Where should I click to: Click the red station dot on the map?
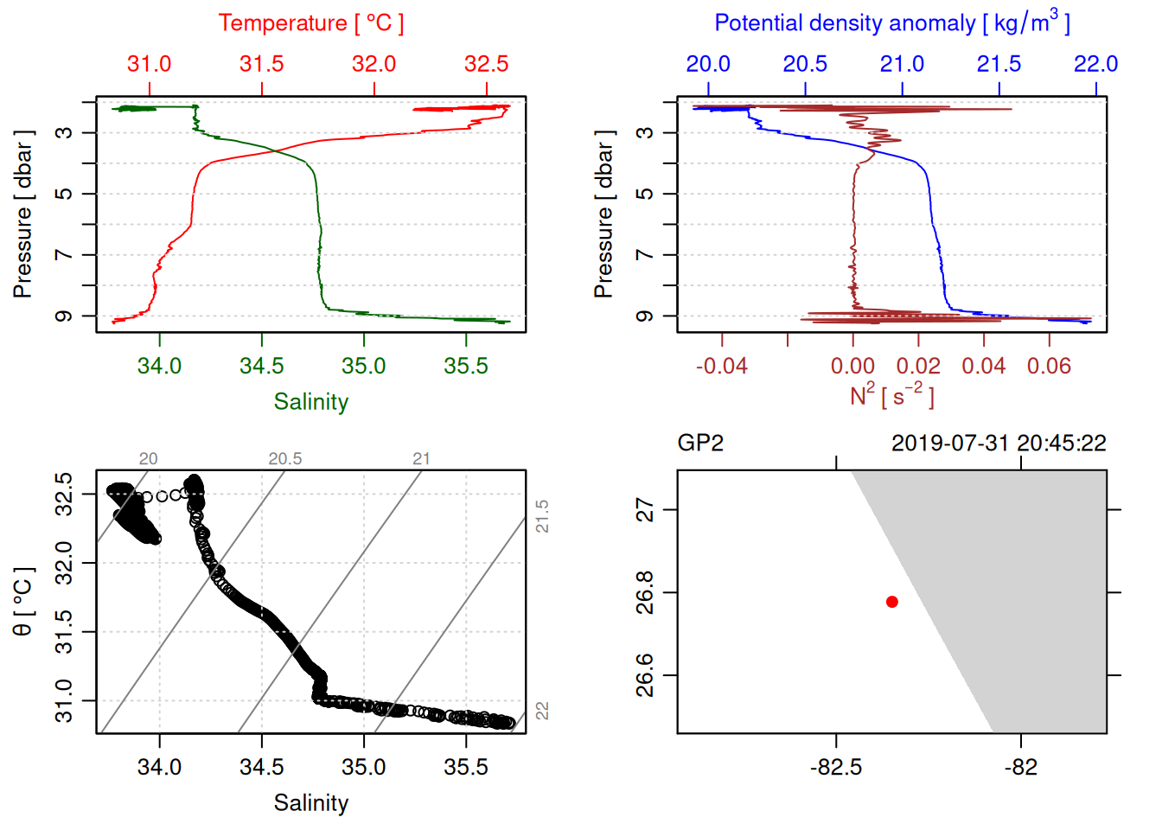(892, 602)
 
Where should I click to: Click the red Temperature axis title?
(310, 23)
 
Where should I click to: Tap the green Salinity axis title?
(311, 402)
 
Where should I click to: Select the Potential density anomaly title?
(891, 23)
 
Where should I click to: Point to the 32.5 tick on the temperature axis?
(487, 64)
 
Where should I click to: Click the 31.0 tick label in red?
(150, 64)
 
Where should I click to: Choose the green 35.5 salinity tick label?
(466, 366)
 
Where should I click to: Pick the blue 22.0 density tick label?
(1096, 64)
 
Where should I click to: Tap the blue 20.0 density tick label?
(708, 64)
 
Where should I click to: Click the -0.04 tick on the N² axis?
(722, 366)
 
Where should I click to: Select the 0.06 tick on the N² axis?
(1049, 366)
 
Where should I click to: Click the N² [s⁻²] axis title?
(891, 396)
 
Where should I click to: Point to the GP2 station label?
(700, 444)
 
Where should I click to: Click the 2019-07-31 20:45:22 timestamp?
(999, 444)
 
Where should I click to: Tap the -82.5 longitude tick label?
(836, 767)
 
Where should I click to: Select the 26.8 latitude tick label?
(645, 593)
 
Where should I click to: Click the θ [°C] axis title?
(22, 601)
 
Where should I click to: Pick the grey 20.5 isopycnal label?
(285, 459)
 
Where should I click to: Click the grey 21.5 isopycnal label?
(542, 516)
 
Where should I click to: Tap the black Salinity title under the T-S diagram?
(311, 803)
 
